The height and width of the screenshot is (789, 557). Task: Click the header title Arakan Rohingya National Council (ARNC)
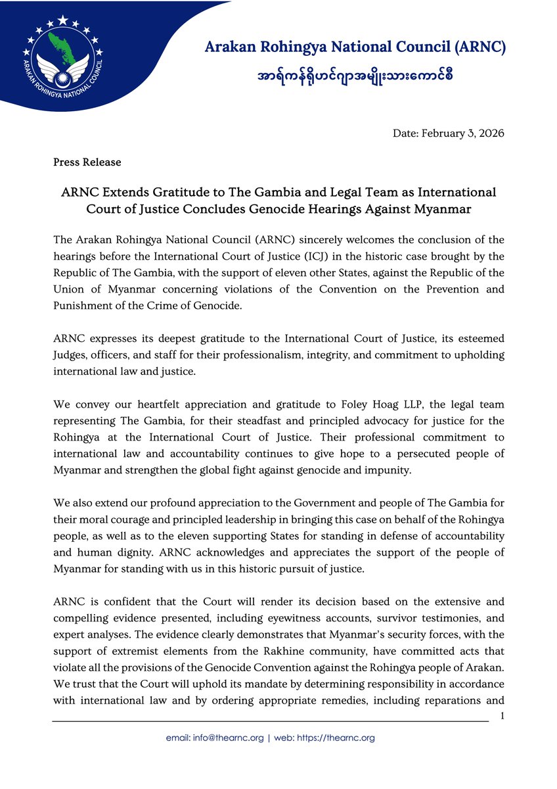pos(355,47)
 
